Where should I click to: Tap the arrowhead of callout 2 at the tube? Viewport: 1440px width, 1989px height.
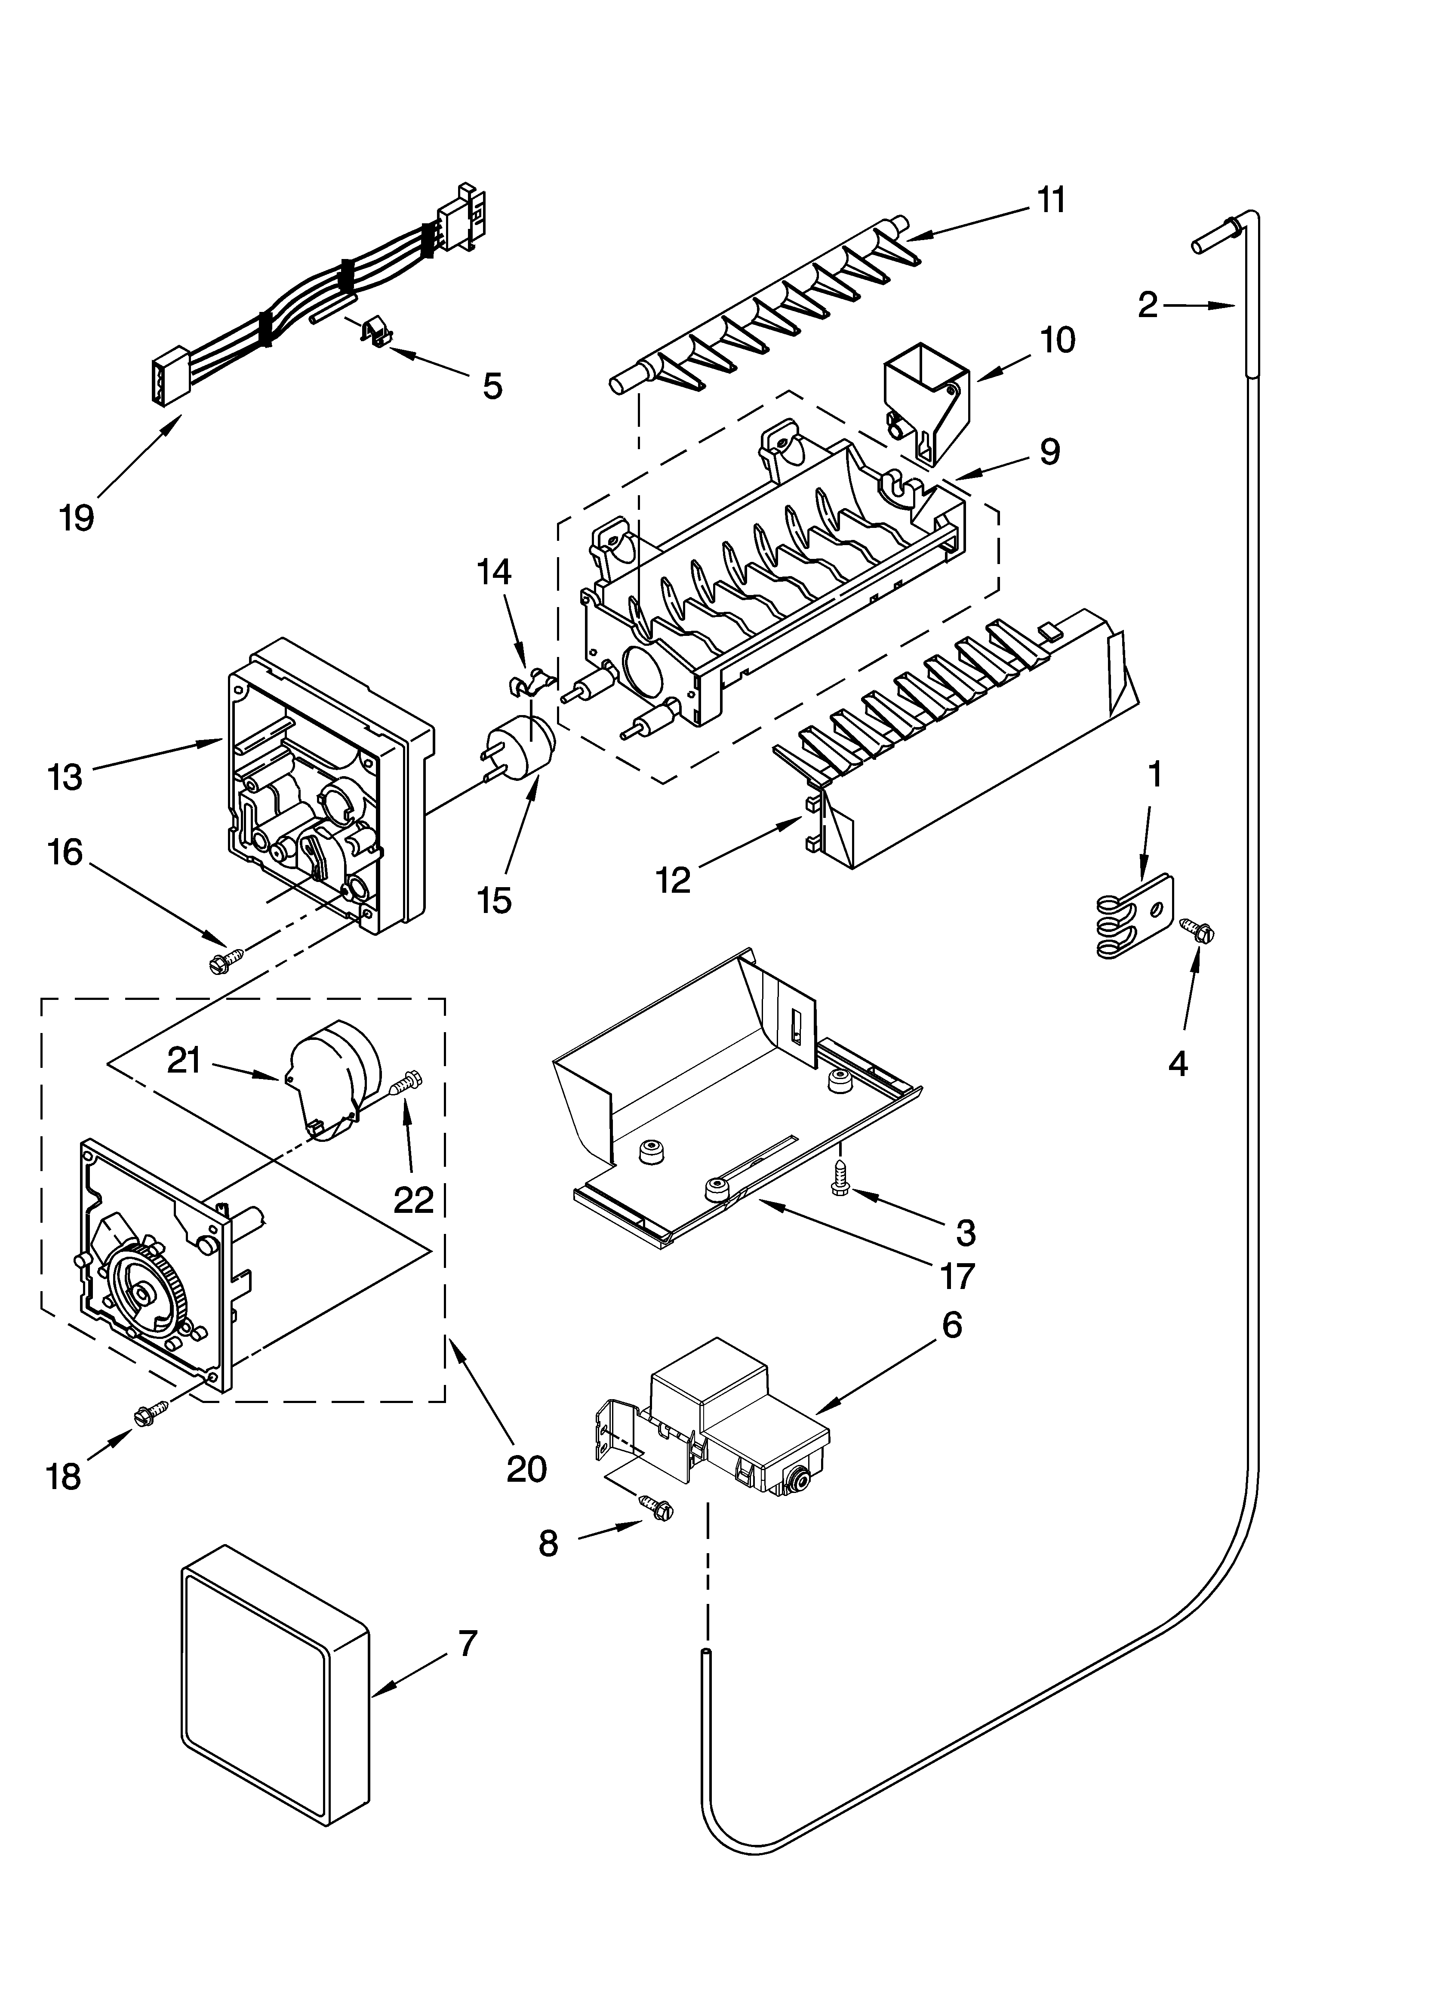1232,306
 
